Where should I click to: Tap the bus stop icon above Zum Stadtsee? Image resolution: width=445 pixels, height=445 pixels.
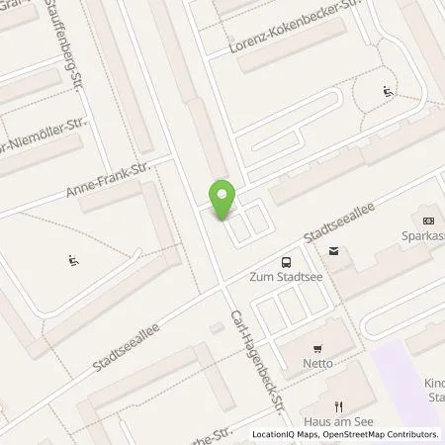point(286,262)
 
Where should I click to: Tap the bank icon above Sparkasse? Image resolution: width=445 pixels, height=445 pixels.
point(427,220)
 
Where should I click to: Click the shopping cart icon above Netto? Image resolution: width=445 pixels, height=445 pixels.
point(316,349)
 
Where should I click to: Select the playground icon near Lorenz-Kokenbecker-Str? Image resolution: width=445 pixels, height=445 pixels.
point(387,93)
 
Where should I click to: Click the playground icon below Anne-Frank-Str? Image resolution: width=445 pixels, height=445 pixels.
point(73,262)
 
